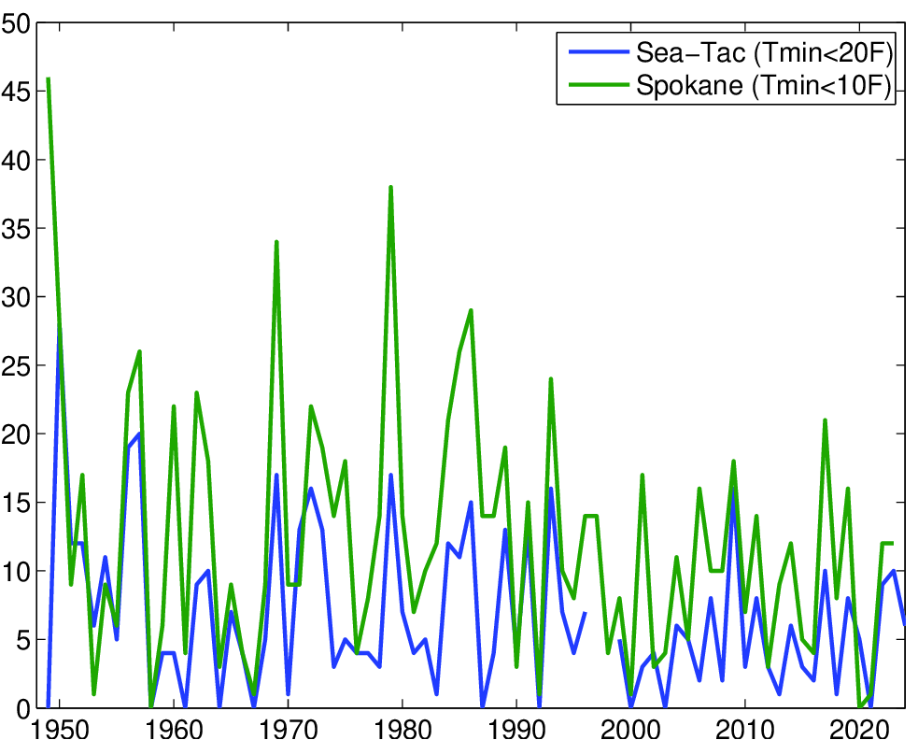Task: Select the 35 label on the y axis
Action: tap(16, 229)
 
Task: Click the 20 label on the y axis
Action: tap(16, 434)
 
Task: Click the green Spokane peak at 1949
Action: tap(48, 79)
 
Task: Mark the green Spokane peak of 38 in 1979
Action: tap(390, 187)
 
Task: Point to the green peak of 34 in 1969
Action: tap(276, 242)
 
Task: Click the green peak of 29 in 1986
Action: tap(471, 310)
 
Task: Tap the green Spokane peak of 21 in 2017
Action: tap(826, 420)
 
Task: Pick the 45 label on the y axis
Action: tap(16, 92)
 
